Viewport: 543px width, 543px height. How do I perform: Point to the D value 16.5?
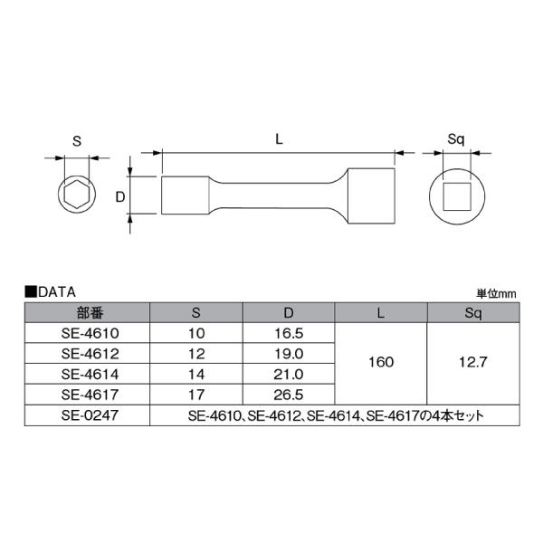tap(290, 333)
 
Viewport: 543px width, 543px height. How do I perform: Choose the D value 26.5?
tap(290, 394)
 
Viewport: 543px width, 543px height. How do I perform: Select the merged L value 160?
tap(381, 363)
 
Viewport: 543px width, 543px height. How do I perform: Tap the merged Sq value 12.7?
tap(472, 363)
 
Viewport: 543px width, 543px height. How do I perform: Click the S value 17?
tap(197, 394)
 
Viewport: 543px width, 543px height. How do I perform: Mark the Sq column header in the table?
tap(472, 312)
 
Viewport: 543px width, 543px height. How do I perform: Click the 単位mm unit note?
tap(495, 293)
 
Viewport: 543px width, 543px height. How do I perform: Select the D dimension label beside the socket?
tap(119, 195)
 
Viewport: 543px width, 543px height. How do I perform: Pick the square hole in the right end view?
tap(456, 196)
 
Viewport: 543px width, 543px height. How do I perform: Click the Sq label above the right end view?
tap(456, 140)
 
